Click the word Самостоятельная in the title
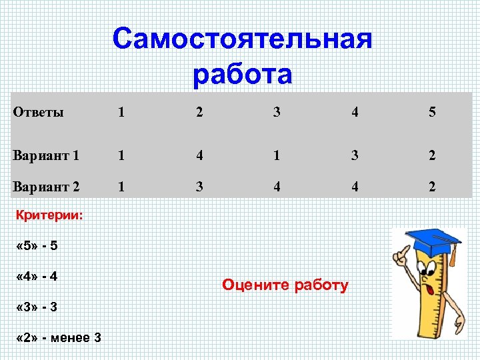click(x=242, y=39)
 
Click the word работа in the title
click(x=242, y=75)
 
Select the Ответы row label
click(x=39, y=112)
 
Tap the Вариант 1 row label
click(x=46, y=156)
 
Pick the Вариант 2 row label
click(x=46, y=187)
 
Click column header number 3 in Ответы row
click(x=277, y=112)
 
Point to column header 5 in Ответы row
click(x=432, y=112)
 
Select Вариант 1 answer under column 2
click(x=199, y=156)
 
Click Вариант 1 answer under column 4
click(x=355, y=156)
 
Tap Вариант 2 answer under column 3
click(x=277, y=187)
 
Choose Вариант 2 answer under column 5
click(x=432, y=187)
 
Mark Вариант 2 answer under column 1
click(x=121, y=187)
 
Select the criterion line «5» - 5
click(x=36, y=246)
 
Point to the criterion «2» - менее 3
click(x=57, y=337)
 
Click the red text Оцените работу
click(x=285, y=286)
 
